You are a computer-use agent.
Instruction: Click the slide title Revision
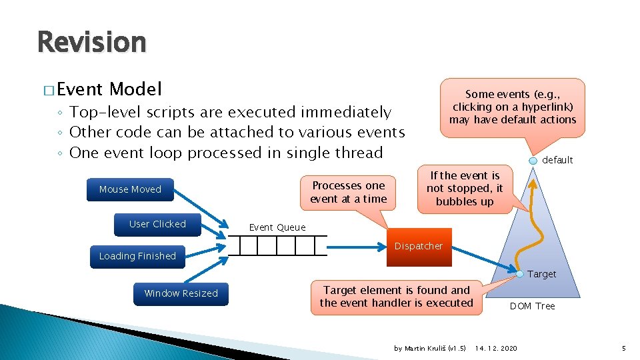91,42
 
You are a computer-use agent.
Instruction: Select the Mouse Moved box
130,189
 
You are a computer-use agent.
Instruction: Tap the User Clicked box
157,224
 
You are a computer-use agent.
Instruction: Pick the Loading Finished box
137,256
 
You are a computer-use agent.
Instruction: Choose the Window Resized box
181,293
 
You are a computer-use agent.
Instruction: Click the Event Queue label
277,227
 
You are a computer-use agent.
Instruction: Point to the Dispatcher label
418,246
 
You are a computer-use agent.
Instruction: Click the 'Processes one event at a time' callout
348,192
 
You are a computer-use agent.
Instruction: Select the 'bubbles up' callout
465,189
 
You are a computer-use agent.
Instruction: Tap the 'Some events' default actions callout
512,107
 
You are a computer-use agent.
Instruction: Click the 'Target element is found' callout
396,297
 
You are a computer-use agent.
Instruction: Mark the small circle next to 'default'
533,161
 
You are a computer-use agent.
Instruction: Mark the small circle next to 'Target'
519,273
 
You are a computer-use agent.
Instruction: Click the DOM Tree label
532,306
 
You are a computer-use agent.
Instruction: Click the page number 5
623,348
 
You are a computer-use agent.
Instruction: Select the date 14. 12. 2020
496,348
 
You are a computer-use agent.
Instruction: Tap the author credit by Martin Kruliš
430,348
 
